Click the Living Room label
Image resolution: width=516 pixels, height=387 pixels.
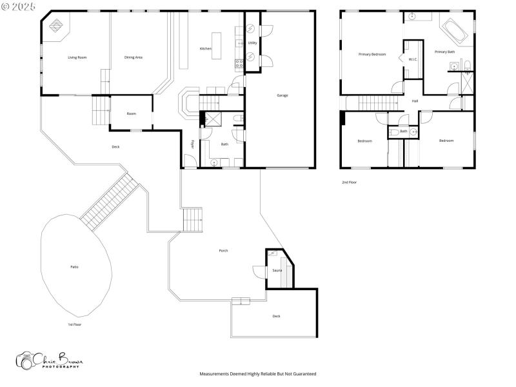pyautogui.click(x=77, y=57)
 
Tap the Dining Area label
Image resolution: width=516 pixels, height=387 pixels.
pyautogui.click(x=134, y=57)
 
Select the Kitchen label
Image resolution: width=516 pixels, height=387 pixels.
pyautogui.click(x=205, y=49)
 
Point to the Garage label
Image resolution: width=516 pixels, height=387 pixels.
pyautogui.click(x=283, y=95)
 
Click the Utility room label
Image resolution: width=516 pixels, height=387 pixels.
pyautogui.click(x=253, y=43)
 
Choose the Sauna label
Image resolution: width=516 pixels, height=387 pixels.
pyautogui.click(x=277, y=270)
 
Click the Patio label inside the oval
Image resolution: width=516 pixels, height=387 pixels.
pyautogui.click(x=75, y=266)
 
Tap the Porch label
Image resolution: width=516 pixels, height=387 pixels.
pyautogui.click(x=223, y=250)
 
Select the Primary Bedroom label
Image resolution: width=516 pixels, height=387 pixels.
pyautogui.click(x=372, y=54)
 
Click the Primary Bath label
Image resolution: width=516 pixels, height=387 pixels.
pyautogui.click(x=444, y=52)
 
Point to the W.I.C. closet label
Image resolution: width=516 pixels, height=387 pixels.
pyautogui.click(x=413, y=60)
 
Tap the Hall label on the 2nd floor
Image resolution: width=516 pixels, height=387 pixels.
pyautogui.click(x=415, y=101)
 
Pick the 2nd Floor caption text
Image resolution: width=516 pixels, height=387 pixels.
pyautogui.click(x=349, y=183)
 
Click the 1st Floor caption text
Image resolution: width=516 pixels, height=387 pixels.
pyautogui.click(x=74, y=324)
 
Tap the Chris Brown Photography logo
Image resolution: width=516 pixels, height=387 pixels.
pyautogui.click(x=48, y=360)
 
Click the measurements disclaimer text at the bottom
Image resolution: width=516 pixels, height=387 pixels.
pyautogui.click(x=257, y=373)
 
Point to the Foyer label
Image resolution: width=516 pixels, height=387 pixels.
pyautogui.click(x=192, y=144)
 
